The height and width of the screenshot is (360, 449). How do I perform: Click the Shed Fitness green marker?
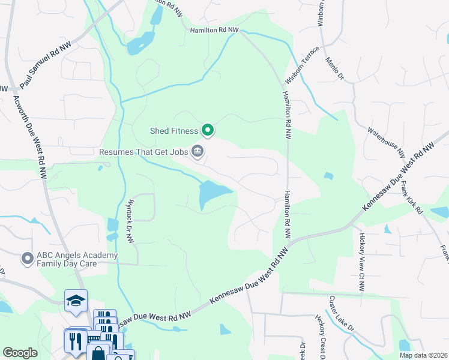[x=208, y=130]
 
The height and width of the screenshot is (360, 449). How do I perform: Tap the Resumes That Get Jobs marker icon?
[x=197, y=151]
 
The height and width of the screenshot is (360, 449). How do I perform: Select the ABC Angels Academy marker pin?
[x=27, y=259]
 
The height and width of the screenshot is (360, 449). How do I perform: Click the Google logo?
[x=20, y=353]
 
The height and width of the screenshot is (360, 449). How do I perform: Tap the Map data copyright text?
[x=423, y=355]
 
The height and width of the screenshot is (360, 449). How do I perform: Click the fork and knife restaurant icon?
[x=75, y=340]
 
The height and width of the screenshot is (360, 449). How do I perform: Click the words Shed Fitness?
[x=174, y=130]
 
